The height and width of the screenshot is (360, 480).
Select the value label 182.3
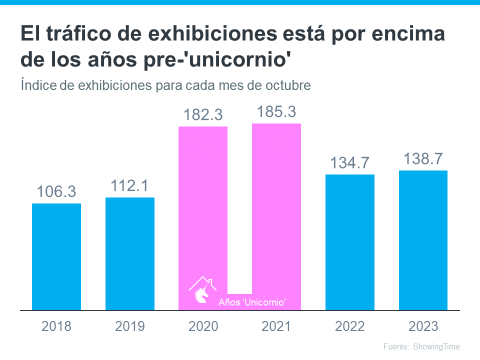point(203,115)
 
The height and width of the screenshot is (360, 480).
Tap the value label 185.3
point(276,112)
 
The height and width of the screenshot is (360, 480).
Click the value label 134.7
point(350,163)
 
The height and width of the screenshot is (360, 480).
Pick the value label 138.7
point(423,159)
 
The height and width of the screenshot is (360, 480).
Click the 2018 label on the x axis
point(56,326)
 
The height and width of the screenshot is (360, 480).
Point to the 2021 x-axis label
point(276,326)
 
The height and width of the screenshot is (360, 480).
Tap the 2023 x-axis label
point(423,326)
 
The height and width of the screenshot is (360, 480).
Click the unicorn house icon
point(202,290)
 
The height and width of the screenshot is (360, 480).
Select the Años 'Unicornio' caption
point(252,302)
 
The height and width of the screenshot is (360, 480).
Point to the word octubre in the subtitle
point(289,85)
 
